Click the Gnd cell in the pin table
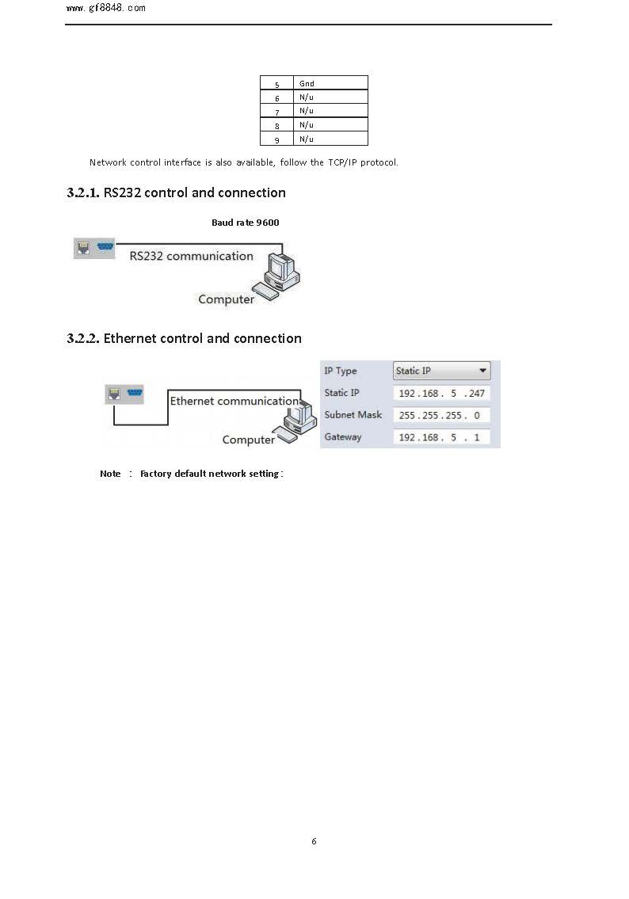[307, 83]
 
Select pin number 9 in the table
[276, 139]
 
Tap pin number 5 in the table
[276, 84]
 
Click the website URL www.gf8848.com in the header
[106, 9]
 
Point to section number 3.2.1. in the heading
[83, 192]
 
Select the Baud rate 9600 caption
[245, 223]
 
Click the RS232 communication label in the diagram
[191, 256]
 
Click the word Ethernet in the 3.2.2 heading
[130, 338]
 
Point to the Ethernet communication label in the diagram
[234, 401]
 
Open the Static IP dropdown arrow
[482, 371]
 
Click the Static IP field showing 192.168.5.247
[442, 393]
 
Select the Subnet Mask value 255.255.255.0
[442, 415]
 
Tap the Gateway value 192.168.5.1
[442, 437]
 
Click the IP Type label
[341, 371]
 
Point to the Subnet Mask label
[353, 415]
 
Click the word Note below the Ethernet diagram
[110, 474]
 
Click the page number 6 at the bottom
[314, 841]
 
